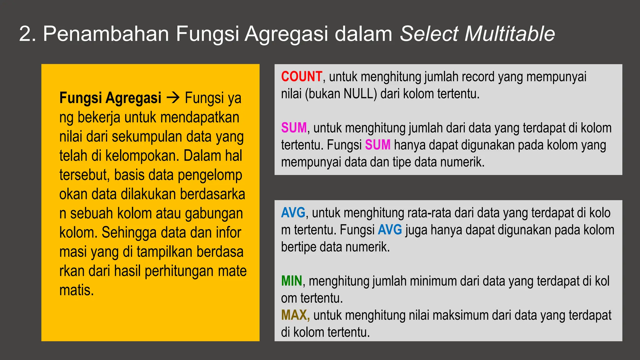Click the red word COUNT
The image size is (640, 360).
pyautogui.click(x=301, y=77)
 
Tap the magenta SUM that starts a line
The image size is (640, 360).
pyautogui.click(x=294, y=128)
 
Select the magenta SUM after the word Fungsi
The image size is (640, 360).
pyautogui.click(x=377, y=145)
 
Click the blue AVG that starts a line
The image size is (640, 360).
pyautogui.click(x=293, y=213)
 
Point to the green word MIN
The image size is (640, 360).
pyautogui.click(x=292, y=281)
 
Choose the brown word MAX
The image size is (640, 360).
pyautogui.click(x=295, y=315)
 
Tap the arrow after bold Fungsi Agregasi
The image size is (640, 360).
pyautogui.click(x=173, y=98)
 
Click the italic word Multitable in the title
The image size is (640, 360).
pyautogui.click(x=510, y=34)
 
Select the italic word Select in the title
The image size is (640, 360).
pyautogui.click(x=429, y=34)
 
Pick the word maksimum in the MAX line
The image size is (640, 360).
pyautogui.click(x=460, y=315)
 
